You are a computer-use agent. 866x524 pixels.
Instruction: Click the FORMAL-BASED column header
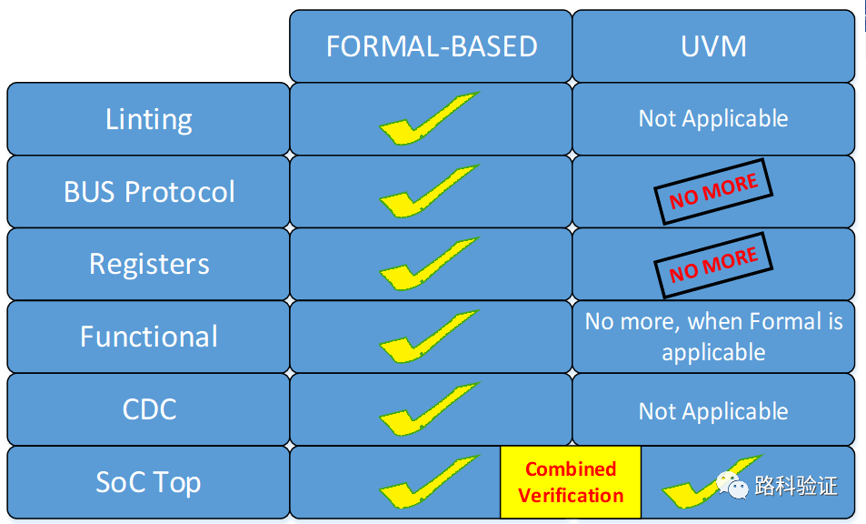coord(431,45)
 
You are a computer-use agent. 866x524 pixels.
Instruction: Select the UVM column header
coord(713,45)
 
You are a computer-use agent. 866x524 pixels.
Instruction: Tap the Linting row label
coord(148,119)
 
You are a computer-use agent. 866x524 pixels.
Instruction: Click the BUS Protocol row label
coord(148,192)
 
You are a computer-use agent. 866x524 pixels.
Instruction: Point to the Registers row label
coord(148,264)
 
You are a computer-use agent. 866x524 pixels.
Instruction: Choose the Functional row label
coord(148,337)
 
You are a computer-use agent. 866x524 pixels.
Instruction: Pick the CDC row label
coord(148,409)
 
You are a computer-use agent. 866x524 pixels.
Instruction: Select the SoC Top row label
coord(148,482)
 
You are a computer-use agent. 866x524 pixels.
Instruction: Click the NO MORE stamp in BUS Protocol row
coord(713,191)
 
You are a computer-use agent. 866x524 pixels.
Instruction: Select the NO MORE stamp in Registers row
coord(713,265)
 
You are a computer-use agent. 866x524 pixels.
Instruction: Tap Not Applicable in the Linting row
coord(713,118)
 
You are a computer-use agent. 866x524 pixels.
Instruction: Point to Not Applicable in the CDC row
coord(713,411)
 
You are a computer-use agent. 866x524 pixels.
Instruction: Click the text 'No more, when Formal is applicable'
coord(713,337)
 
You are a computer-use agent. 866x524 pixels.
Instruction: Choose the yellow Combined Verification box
coord(571,482)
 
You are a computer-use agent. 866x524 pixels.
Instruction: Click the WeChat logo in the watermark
coord(732,485)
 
